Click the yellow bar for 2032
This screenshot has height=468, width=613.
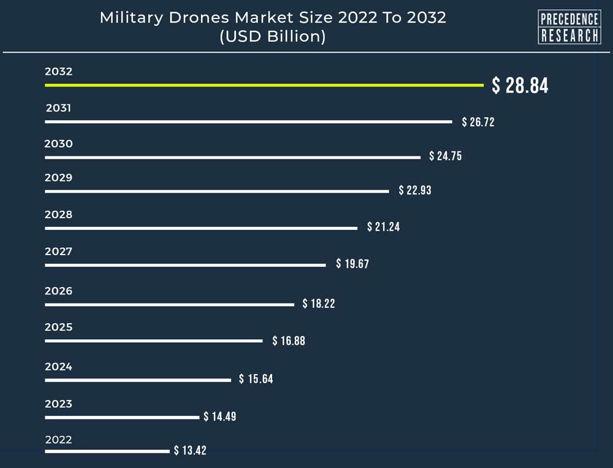pyautogui.click(x=264, y=85)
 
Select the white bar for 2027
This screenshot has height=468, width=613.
pyautogui.click(x=185, y=265)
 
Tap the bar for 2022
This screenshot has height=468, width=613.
pyautogui.click(x=107, y=451)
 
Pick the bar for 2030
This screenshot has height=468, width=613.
pyautogui.click(x=233, y=157)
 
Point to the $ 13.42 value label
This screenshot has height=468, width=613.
pyautogui.click(x=190, y=451)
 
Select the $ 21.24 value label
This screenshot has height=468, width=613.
pyautogui.click(x=383, y=227)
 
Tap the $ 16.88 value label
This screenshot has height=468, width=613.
pyautogui.click(x=289, y=340)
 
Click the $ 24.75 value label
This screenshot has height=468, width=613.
pyautogui.click(x=445, y=156)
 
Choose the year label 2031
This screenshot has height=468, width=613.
pyautogui.click(x=59, y=108)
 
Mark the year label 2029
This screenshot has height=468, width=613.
pyautogui.click(x=59, y=178)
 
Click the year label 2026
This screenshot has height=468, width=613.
pyautogui.click(x=59, y=291)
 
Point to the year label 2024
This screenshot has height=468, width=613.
pyautogui.click(x=59, y=367)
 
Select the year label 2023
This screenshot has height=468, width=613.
pyautogui.click(x=59, y=404)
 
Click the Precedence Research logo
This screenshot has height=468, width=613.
pyautogui.click(x=569, y=27)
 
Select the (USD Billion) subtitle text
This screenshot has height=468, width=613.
pyautogui.click(x=273, y=36)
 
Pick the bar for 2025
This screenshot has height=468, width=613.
pyautogui.click(x=154, y=340)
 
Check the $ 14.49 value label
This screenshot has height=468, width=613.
pyautogui.click(x=220, y=416)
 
